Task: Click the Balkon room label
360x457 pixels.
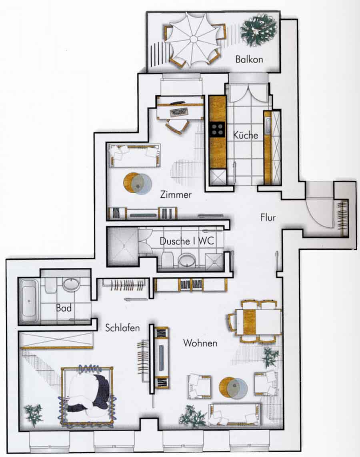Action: [249, 60]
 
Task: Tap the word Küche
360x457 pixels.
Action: [246, 135]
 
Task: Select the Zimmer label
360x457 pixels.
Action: [176, 194]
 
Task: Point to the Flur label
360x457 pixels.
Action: [268, 217]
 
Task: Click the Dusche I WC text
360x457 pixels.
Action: [187, 241]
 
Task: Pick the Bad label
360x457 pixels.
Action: [64, 308]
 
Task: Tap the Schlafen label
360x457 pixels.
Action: [122, 328]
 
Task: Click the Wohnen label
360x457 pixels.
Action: [200, 343]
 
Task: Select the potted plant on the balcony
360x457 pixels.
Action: [258, 31]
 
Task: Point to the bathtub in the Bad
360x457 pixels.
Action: [28, 301]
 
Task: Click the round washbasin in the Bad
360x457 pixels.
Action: [71, 284]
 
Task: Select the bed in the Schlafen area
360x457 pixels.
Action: [87, 395]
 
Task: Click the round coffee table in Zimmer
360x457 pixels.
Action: [138, 184]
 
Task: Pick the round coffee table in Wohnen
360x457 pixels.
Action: [233, 387]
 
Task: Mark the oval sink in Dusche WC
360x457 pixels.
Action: [187, 260]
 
